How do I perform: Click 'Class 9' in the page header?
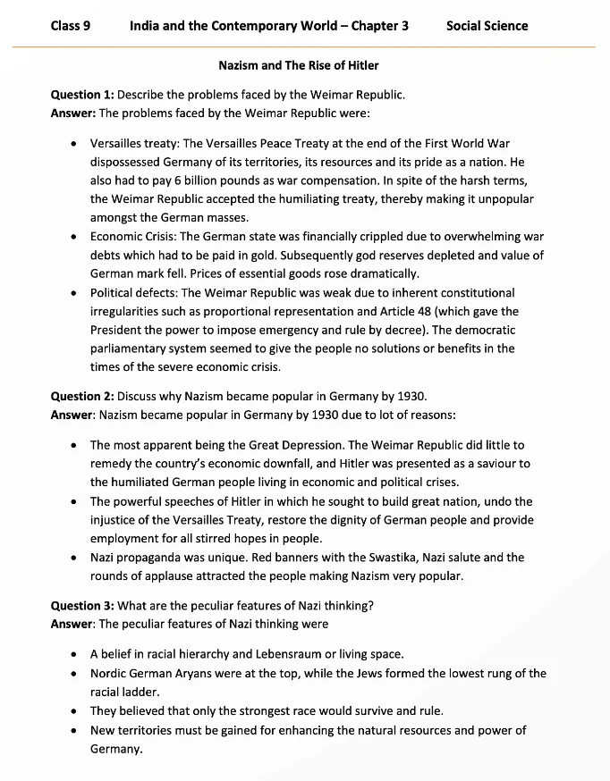71,26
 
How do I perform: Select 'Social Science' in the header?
487,26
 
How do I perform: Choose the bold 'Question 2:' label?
82,396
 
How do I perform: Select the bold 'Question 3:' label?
82,605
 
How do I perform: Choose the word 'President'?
120,330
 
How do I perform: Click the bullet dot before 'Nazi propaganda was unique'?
72,558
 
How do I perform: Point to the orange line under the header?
304,46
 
